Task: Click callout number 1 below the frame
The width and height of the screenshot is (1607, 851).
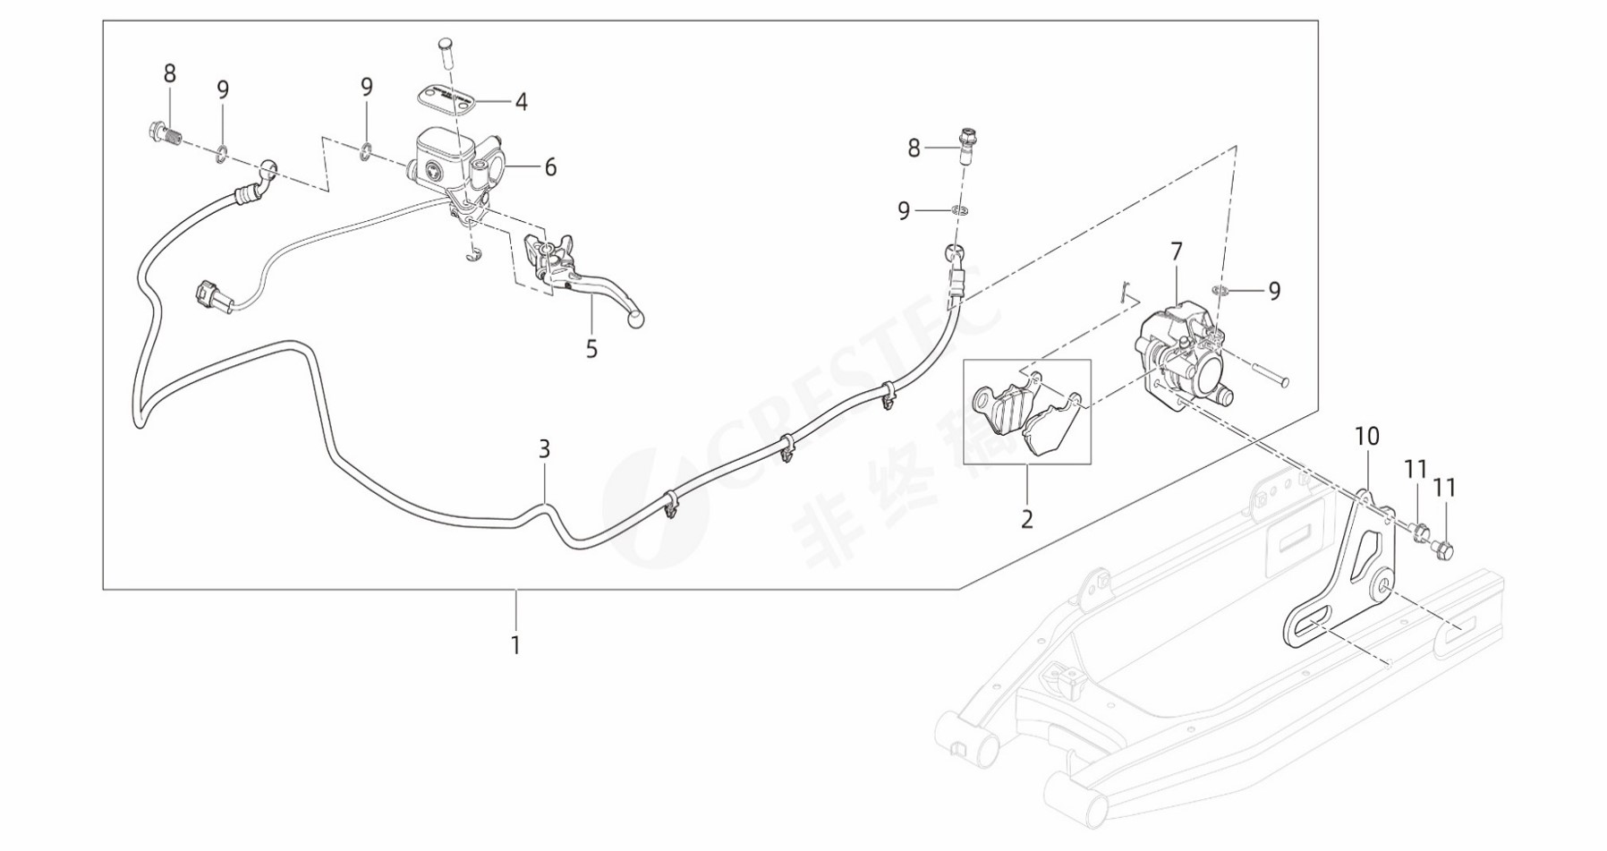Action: [515, 644]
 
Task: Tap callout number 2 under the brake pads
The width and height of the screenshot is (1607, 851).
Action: [1027, 519]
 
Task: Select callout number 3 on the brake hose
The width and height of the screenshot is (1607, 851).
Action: [544, 449]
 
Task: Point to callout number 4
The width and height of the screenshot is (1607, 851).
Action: [522, 102]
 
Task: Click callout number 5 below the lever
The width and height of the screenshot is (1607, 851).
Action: [591, 349]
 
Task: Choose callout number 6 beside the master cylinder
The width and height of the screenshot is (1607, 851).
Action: [550, 167]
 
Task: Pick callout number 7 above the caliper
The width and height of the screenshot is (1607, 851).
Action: [1177, 252]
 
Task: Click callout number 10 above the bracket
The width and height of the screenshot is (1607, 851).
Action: [1367, 437]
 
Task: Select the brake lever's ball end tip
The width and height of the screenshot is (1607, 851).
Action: [636, 319]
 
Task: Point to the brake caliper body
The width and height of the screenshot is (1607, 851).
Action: [1181, 353]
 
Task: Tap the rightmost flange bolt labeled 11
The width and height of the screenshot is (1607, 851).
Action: [1443, 547]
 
